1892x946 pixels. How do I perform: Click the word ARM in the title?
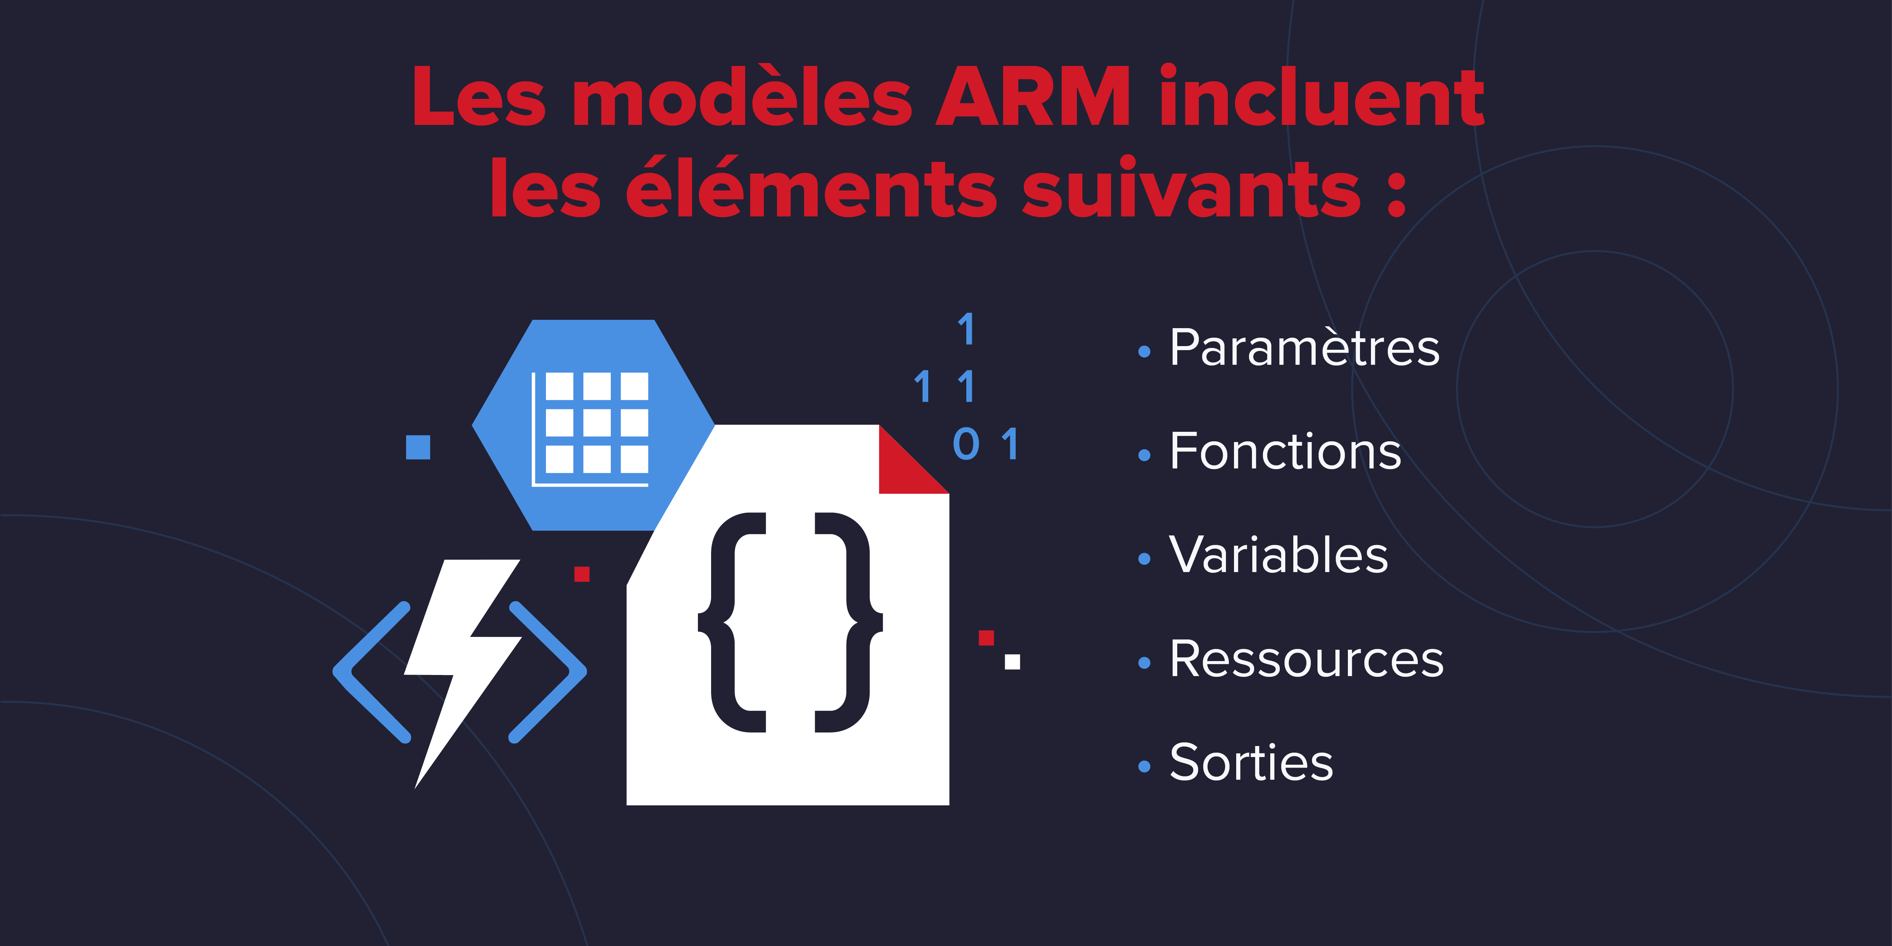point(1033,96)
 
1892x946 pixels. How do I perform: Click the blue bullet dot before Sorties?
point(1144,767)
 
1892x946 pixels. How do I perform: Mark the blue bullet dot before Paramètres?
point(1144,352)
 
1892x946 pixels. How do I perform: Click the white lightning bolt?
point(463,672)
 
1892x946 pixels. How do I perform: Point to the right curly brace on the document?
point(849,622)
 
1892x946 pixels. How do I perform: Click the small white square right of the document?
point(1012,662)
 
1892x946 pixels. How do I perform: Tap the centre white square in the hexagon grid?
point(597,422)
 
